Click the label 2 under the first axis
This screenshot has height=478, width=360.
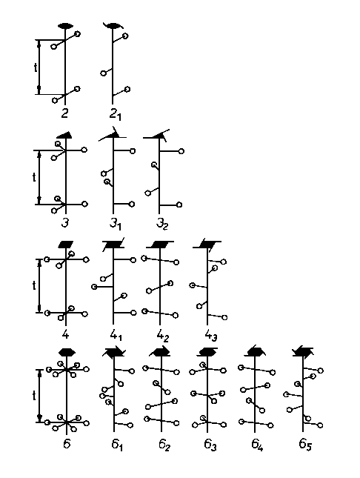64,113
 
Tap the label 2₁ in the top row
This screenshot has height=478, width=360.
116,115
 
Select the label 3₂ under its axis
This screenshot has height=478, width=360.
162,224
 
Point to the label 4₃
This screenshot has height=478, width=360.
211,336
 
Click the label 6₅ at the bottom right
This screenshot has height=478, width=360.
305,445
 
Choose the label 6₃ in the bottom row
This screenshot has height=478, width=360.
210,445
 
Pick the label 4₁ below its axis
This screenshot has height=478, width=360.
116,335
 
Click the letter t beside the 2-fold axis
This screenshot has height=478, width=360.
36,67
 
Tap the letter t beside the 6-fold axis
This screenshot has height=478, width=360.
34,396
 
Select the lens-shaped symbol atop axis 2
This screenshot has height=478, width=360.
65,26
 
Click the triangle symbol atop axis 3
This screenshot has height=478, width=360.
64,135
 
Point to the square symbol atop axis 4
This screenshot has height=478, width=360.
66,245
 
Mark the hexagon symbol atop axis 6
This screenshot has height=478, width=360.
67,352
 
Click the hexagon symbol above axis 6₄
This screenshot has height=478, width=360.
255,352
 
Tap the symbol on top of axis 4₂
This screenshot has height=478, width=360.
160,245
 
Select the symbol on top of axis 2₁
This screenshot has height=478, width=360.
113,26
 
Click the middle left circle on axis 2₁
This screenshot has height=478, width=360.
104,73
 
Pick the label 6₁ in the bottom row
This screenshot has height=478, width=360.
117,445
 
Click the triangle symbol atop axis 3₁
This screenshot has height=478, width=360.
113,135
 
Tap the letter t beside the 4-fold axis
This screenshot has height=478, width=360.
34,285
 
